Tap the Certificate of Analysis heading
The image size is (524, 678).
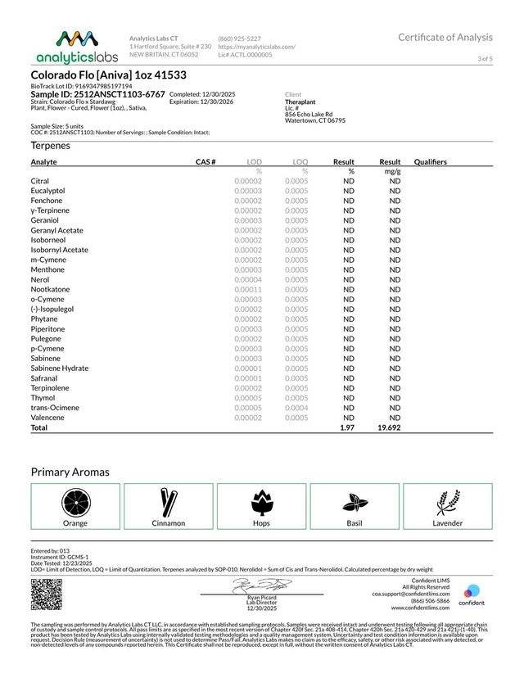click(x=445, y=37)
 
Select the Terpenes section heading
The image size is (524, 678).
click(x=51, y=145)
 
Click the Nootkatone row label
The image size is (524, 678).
click(x=50, y=289)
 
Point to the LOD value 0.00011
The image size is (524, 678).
click(x=247, y=289)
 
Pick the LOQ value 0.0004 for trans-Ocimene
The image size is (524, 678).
click(x=296, y=408)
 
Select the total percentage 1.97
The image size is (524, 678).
click(x=346, y=427)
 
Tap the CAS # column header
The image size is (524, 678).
click(x=205, y=162)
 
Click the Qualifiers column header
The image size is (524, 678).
click(x=431, y=162)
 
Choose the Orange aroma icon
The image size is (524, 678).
click(x=75, y=500)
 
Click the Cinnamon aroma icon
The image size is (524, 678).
click(x=169, y=500)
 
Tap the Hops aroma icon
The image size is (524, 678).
click(x=262, y=500)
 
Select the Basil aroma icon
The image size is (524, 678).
click(x=355, y=500)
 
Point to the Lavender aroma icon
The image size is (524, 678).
click(x=448, y=500)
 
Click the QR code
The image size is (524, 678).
click(x=47, y=594)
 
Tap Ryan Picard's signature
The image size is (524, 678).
click(x=261, y=585)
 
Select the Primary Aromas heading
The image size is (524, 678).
click(x=70, y=472)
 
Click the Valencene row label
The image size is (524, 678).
click(x=48, y=418)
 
